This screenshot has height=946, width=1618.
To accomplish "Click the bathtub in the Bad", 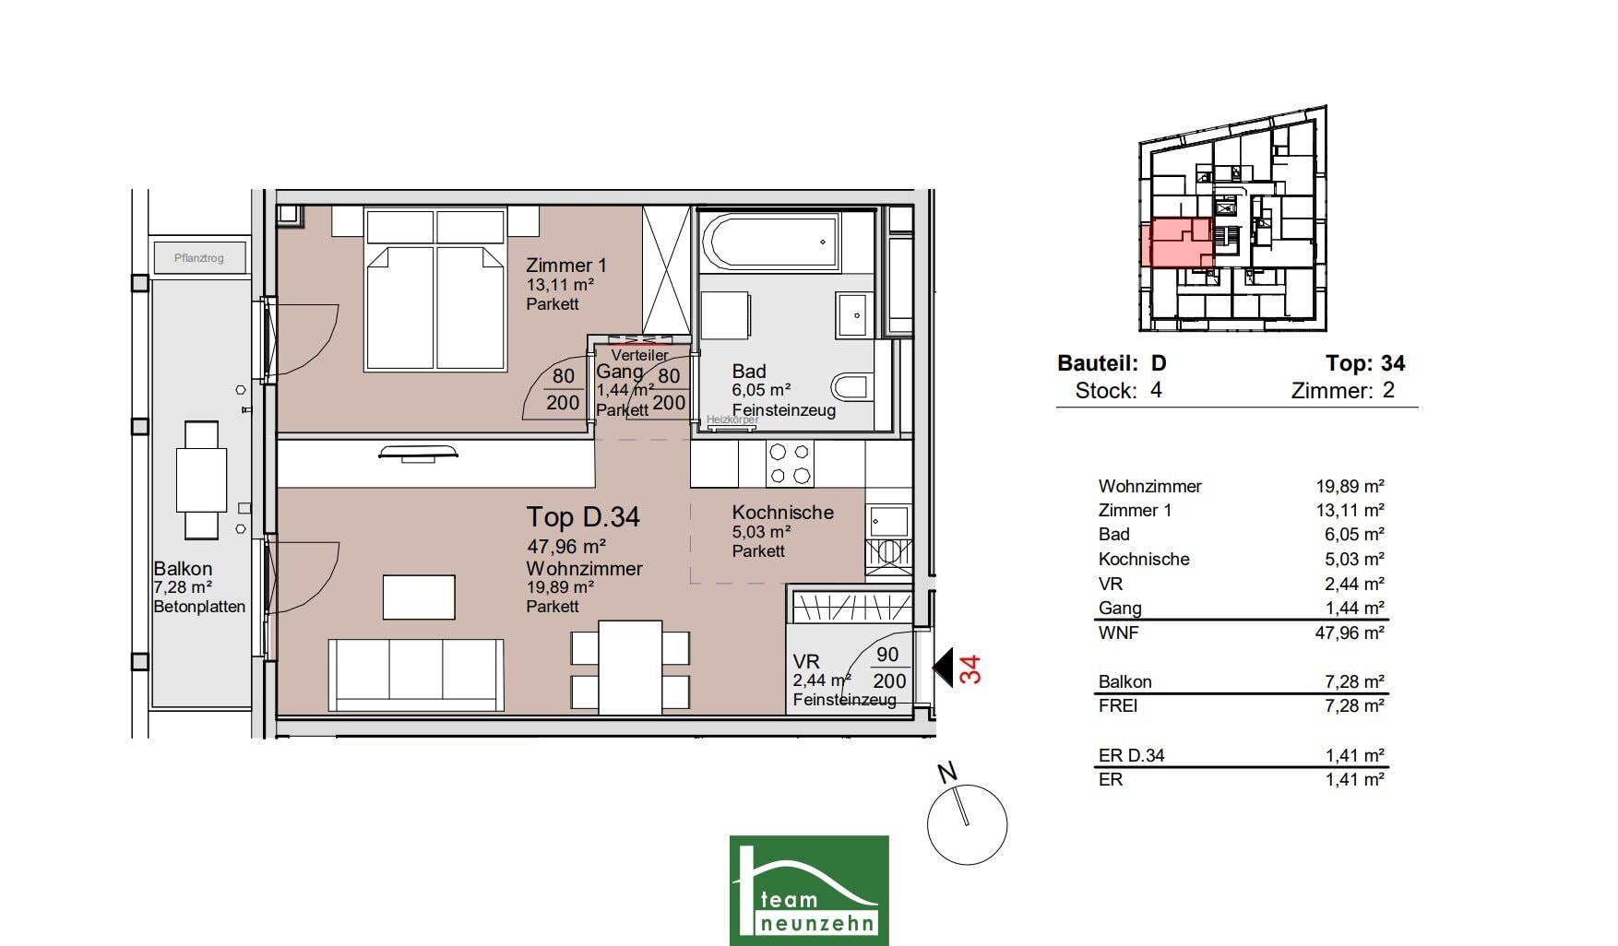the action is click(769, 242).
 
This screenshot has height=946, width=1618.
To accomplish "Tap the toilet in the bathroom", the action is click(851, 386).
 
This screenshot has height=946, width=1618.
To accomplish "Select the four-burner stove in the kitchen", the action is click(790, 464).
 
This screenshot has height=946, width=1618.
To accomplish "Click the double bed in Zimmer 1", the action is click(435, 290).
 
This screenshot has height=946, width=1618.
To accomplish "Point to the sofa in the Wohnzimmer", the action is click(416, 675).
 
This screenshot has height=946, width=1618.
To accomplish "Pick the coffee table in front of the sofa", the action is click(419, 597).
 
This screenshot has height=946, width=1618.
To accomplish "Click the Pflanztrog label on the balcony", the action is click(199, 258).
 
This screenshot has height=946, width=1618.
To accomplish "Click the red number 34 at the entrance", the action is click(970, 668).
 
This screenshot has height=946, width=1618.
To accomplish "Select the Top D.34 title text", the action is click(583, 517).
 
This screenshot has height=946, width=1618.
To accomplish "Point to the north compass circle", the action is click(967, 824).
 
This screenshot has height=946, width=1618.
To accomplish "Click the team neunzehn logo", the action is click(809, 890).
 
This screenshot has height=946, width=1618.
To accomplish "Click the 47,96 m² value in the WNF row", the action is click(1350, 633).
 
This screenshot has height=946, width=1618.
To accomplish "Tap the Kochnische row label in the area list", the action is click(1144, 559).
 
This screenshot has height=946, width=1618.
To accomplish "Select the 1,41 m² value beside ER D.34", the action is click(1355, 755).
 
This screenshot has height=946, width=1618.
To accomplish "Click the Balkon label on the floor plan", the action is click(183, 569).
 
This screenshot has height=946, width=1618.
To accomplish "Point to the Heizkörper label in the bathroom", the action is click(732, 420).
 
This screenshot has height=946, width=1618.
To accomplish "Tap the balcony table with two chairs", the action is click(202, 479).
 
